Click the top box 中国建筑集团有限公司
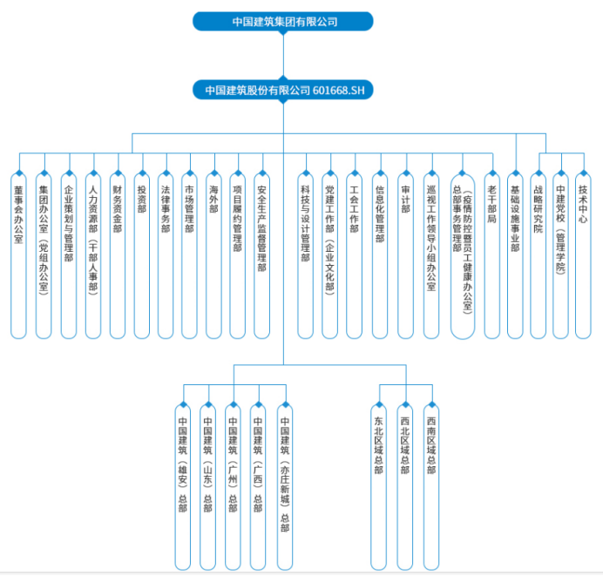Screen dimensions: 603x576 pos(282,21)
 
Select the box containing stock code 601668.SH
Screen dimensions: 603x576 pos(282,90)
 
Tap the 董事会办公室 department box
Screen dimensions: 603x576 pos(18,256)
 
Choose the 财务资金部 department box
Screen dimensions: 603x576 pos(118,256)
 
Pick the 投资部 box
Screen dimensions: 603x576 pos(142,256)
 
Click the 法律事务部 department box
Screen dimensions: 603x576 pos(166,256)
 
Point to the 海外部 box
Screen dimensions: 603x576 pos(213,256)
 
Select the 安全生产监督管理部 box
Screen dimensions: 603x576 pos(262,256)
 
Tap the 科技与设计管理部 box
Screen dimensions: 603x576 pos(305,256)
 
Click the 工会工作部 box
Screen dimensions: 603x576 pos(354,256)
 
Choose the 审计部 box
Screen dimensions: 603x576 pos(406,256)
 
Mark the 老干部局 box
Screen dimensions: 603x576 pos(492,256)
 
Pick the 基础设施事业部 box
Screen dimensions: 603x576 pos(515,256)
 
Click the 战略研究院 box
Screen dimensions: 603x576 pos(538,256)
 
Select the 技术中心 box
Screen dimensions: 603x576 pos(583,256)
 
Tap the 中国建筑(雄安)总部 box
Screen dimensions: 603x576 pos(183,487)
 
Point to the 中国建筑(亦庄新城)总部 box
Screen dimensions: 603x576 pos(285,487)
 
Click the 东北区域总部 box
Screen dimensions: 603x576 pos(379,487)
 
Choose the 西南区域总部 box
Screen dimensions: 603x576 pos(431,487)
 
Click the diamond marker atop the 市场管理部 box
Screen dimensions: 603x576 pos(189,173)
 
